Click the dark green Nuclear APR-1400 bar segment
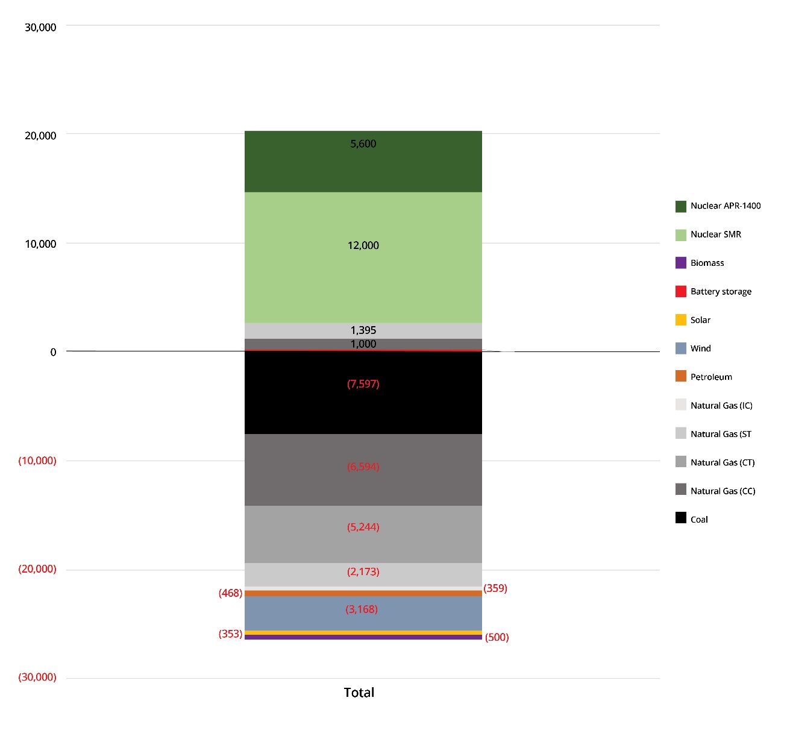(363, 169)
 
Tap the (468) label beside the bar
(230, 593)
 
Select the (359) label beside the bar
(495, 588)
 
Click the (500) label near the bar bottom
(497, 637)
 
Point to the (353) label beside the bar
(230, 634)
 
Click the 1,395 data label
(363, 330)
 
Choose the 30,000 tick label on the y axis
(40, 27)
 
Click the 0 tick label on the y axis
(53, 352)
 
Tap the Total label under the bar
(359, 693)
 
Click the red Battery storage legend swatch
(681, 291)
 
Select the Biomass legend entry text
(707, 263)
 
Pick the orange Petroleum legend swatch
(681, 377)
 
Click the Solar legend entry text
(700, 320)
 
